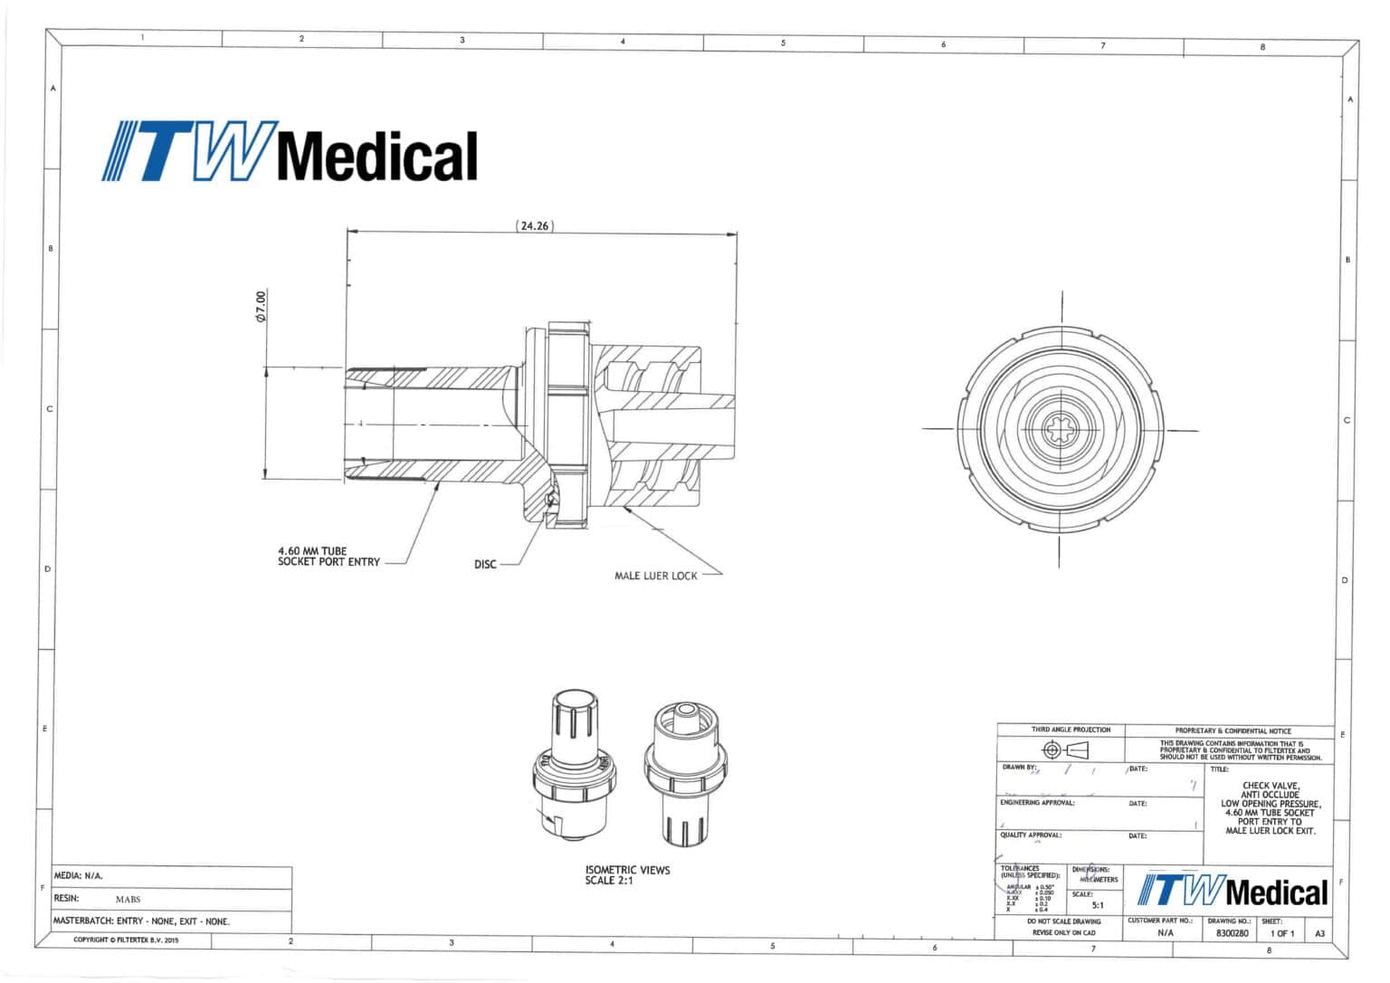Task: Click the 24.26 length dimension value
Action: pos(534,225)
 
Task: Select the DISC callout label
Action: pos(485,565)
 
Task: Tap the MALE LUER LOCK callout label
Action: pos(656,576)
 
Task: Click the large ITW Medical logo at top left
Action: pos(290,153)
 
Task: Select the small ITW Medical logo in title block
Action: pos(1232,892)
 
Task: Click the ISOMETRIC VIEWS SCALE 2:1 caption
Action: pos(627,875)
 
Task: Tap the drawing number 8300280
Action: pos(1232,932)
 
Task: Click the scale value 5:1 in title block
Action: pos(1097,904)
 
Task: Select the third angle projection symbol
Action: pos(1065,749)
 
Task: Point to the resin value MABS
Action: pos(128,900)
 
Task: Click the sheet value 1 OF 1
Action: pos(1282,932)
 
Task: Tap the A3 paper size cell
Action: pos(1319,932)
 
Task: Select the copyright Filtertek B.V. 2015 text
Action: pos(126,940)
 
